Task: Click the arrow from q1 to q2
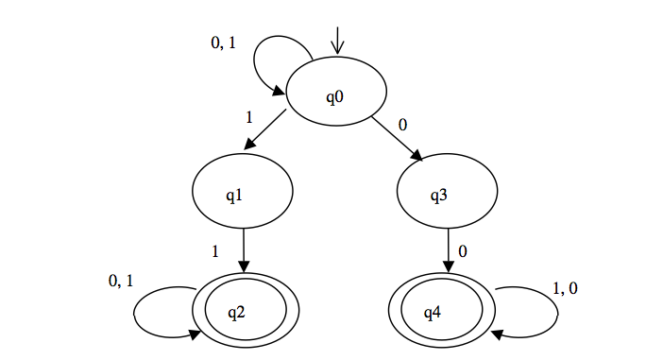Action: pos(245,250)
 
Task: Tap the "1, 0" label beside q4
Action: pos(565,288)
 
